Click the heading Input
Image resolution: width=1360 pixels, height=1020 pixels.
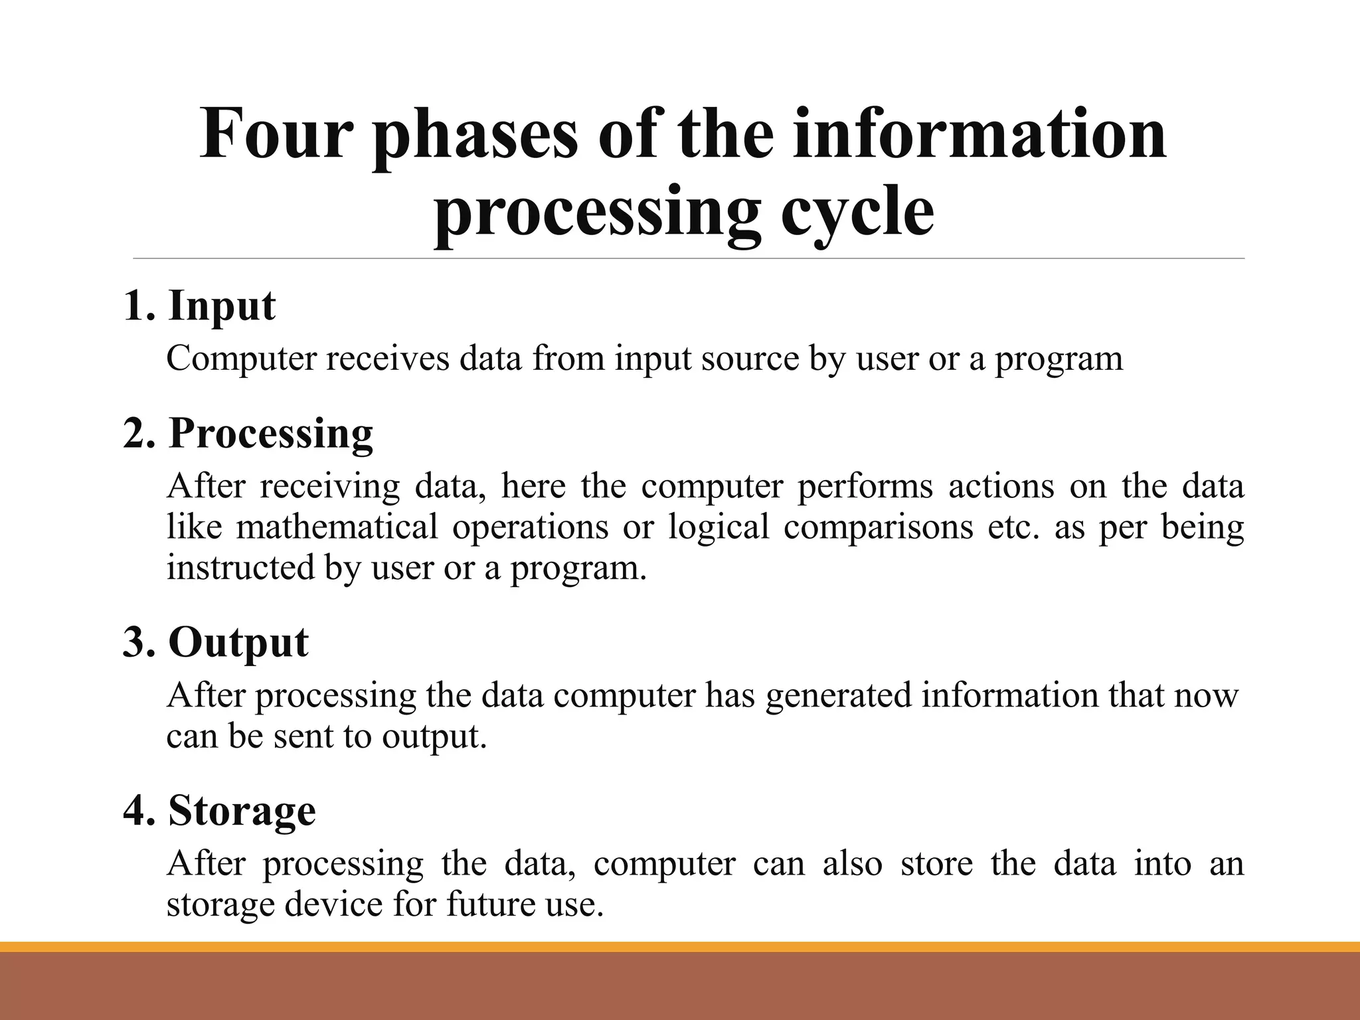[x=221, y=306]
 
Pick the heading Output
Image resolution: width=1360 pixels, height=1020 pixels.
[x=238, y=642]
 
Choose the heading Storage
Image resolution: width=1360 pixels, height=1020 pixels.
[x=242, y=811]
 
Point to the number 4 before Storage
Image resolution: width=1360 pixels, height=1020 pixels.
[x=137, y=811]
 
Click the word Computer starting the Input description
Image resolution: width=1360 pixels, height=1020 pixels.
[x=241, y=359]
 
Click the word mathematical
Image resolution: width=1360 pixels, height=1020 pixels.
[x=337, y=527]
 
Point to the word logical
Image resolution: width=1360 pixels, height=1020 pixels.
[x=718, y=527]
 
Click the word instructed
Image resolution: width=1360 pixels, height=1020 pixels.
[x=240, y=568]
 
